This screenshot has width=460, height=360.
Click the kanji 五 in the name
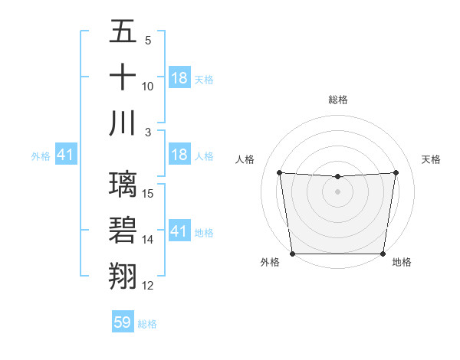[x=123, y=32]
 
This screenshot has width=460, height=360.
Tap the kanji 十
[x=123, y=77]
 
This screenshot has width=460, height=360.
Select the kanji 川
[x=123, y=123]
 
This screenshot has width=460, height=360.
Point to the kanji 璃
[x=123, y=185]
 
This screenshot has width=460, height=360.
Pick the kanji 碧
[x=123, y=230]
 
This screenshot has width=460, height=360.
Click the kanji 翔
[x=123, y=276]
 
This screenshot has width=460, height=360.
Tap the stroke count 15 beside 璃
[x=149, y=194]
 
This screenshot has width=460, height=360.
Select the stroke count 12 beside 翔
[x=149, y=286]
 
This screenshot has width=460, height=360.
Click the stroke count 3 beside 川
[x=149, y=132]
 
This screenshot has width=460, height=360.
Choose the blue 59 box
[x=123, y=322]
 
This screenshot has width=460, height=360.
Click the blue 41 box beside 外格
[x=65, y=155]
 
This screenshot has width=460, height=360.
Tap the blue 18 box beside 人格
[x=179, y=155]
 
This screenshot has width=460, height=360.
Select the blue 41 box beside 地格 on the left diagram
[x=179, y=231]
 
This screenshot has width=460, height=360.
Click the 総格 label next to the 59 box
[x=147, y=324]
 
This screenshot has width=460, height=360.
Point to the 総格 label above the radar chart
[x=338, y=100]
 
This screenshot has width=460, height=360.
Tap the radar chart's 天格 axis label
[x=431, y=159]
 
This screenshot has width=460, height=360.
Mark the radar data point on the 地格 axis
[x=383, y=254]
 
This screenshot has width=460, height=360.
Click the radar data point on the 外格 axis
[x=293, y=254]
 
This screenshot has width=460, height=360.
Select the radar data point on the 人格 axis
[x=279, y=172]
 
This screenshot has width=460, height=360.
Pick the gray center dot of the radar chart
[x=338, y=191]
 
